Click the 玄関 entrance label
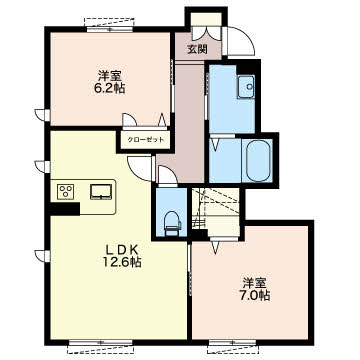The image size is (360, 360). click(x=197, y=49)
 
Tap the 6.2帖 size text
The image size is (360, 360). click(x=110, y=88)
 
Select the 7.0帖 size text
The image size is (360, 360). click(x=255, y=295)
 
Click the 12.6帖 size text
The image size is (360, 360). click(x=122, y=263)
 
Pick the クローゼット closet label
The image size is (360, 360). click(x=146, y=140)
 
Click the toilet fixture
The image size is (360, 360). click(x=173, y=222)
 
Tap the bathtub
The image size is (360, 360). click(x=258, y=161)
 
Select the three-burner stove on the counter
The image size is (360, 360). click(x=65, y=192)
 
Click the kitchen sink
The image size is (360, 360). click(x=101, y=192)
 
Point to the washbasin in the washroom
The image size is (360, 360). click(x=246, y=87)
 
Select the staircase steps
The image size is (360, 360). click(x=216, y=212)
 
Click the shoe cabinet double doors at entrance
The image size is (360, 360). click(x=207, y=33)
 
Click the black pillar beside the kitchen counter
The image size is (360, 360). click(x=64, y=208)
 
